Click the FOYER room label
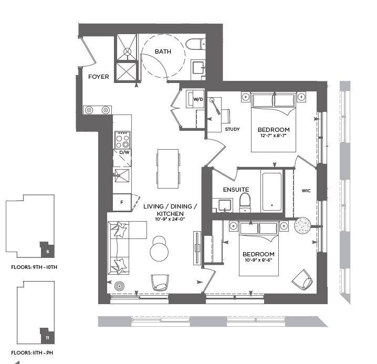98,77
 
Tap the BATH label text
163,51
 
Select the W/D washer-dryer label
198,99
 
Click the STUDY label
232,129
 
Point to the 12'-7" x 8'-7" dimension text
274,136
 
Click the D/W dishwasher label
124,152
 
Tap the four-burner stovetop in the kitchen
122,140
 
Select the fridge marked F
122,203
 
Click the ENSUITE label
236,190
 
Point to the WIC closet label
306,191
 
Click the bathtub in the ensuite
271,192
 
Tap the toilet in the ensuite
245,203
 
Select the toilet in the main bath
196,44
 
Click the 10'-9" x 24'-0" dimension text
170,219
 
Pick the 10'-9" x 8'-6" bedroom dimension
258,260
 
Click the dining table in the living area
168,169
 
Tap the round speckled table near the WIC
302,226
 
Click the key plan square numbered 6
47,249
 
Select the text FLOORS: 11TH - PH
32,352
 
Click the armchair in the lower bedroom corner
302,280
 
